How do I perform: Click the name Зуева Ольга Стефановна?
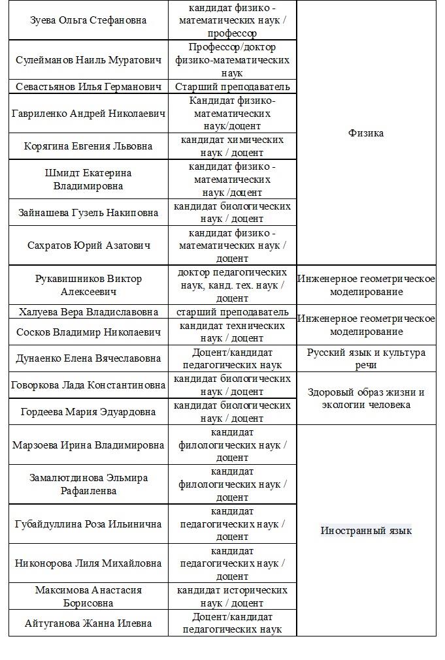click(88, 20)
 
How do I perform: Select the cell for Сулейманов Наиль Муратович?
click(88, 60)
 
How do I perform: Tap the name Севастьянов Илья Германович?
click(88, 87)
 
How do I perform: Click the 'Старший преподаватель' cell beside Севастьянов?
click(232, 87)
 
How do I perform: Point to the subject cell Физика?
click(366, 133)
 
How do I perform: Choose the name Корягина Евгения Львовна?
click(88, 146)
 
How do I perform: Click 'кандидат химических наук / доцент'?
click(232, 146)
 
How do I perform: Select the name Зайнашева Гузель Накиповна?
click(88, 213)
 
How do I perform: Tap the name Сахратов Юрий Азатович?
click(88, 245)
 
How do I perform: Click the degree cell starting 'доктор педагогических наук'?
click(232, 285)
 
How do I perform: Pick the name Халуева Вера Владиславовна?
click(88, 312)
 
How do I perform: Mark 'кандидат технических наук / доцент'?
click(232, 332)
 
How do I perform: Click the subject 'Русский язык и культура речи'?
click(366, 358)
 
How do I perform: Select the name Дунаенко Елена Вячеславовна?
click(88, 358)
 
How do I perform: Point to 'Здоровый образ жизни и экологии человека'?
click(366, 398)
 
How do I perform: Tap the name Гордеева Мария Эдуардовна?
click(88, 412)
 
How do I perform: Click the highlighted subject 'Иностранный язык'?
click(366, 531)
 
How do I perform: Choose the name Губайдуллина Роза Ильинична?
click(88, 524)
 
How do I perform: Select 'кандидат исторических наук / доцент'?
click(232, 597)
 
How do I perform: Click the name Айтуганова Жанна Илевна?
click(88, 623)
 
